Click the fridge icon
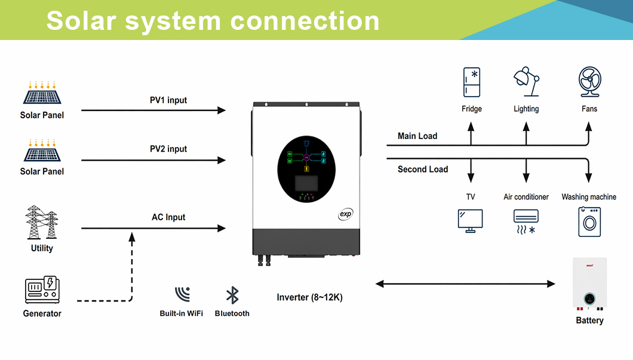[472, 82]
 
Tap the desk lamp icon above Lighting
[526, 82]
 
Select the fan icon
[589, 82]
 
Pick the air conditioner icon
[526, 221]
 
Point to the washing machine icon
[589, 222]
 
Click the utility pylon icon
[42, 223]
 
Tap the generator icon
[42, 290]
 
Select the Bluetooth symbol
[232, 295]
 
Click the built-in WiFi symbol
[182, 294]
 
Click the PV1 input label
[168, 100]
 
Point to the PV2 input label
[168, 149]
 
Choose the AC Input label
[168, 217]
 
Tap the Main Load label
[417, 136]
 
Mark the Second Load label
[423, 170]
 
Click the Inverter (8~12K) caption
[310, 297]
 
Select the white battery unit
[590, 284]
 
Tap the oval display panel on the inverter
[307, 169]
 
